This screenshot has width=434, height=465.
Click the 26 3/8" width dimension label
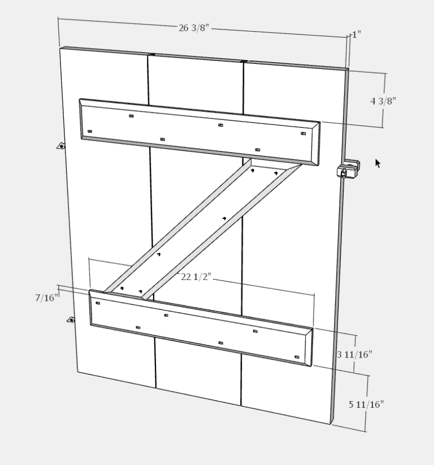[x=194, y=28]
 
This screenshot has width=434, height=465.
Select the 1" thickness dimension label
[x=356, y=35]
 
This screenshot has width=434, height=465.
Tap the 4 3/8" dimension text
[x=383, y=101]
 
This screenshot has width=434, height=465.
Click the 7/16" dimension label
[x=47, y=298]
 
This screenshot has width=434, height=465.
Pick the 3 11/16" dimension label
[x=355, y=355]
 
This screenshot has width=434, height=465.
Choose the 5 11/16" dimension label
[x=366, y=404]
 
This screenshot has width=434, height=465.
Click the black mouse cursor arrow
[x=377, y=163]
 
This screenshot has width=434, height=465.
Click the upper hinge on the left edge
[x=61, y=145]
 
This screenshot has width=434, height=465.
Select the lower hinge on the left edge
[x=71, y=320]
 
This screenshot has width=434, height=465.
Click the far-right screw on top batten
[x=303, y=134]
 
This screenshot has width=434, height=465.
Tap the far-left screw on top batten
[x=89, y=131]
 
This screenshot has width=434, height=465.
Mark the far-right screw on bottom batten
[x=297, y=357]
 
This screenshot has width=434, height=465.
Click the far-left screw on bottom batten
[x=98, y=303]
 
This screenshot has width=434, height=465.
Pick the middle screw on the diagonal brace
[x=224, y=218]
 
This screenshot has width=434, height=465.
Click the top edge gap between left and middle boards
[x=151, y=55]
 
